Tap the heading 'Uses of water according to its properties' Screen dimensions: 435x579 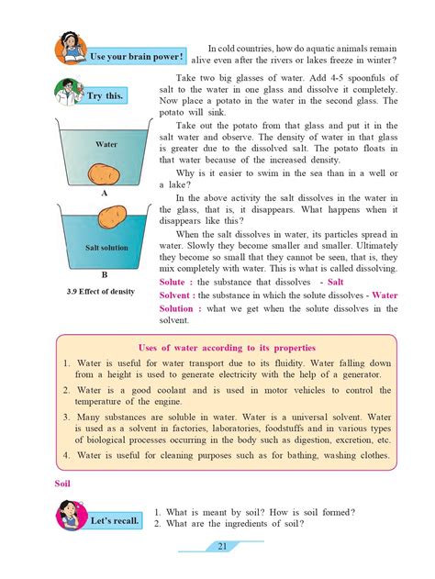[226, 349]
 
